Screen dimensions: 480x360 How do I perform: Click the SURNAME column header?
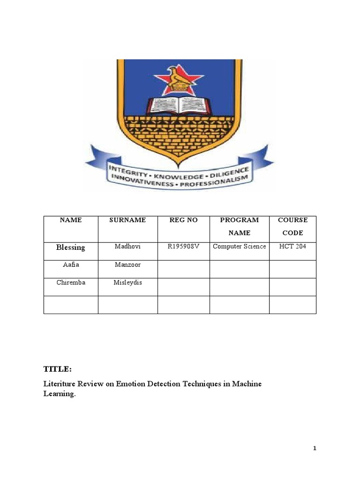[127, 220]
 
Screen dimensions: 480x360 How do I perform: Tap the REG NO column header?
[183, 220]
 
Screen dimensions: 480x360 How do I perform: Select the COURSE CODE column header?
[292, 226]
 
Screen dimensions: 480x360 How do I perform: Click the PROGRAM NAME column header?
[239, 226]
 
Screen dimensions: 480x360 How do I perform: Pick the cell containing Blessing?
[70, 247]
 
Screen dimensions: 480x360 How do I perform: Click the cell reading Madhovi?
[127, 247]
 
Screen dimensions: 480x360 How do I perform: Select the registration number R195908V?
[183, 247]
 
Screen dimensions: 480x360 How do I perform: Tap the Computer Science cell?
[239, 247]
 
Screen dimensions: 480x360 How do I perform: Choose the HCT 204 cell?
[292, 247]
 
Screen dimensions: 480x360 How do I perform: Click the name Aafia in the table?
[70, 265]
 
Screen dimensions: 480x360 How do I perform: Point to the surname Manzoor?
[127, 265]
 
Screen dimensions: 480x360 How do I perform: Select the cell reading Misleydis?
[127, 283]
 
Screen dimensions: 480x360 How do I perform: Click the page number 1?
[315, 448]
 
